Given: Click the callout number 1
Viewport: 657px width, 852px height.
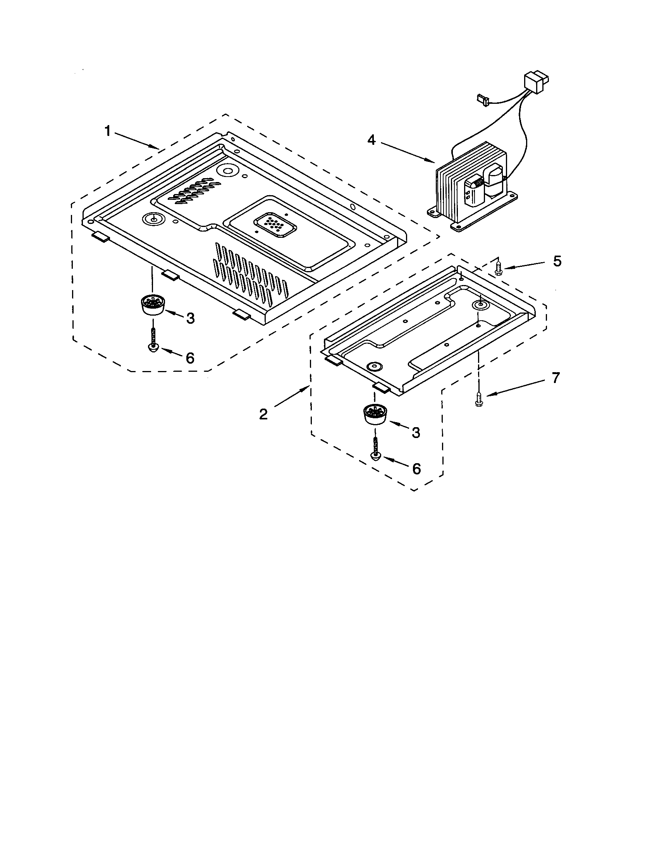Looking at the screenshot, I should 108,131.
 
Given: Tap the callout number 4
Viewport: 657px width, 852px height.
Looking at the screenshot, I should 372,140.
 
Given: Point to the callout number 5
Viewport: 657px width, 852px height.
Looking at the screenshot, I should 557,261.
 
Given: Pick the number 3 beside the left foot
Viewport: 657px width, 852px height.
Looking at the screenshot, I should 190,318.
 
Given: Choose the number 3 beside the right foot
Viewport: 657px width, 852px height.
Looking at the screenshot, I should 416,432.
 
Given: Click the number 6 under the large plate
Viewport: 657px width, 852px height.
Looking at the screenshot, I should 190,357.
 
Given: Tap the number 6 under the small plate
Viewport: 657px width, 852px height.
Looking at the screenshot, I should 417,469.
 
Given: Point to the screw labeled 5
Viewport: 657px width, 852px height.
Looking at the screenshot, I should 498,268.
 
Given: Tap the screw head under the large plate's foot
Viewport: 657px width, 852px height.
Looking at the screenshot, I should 153,347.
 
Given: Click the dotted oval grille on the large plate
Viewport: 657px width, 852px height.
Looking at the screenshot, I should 275,225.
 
